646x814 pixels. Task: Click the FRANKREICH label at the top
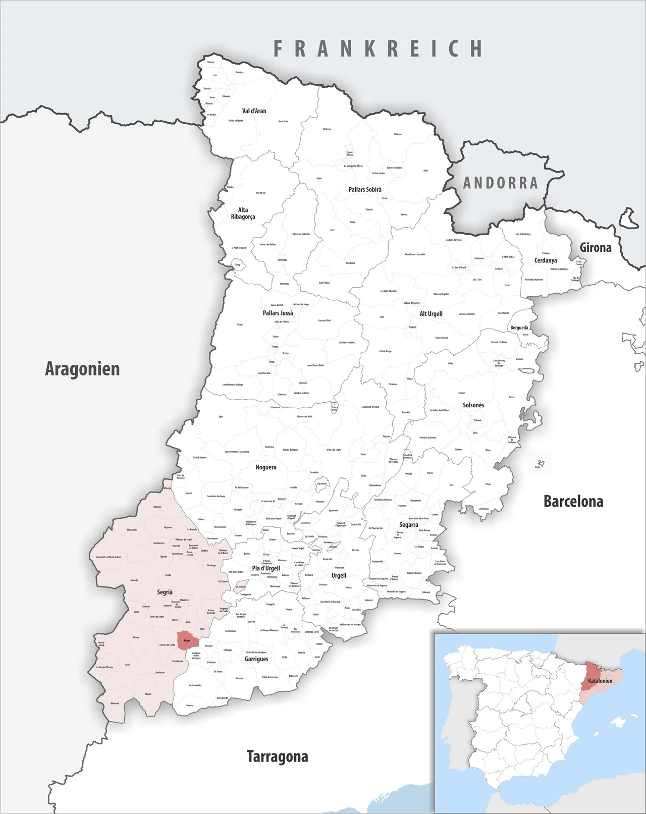pos(378,48)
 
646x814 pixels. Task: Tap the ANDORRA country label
pos(501,183)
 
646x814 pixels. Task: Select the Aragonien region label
pos(82,369)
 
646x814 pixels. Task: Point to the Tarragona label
pos(277,756)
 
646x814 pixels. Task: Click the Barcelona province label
pos(573,501)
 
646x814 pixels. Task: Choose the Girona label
pos(596,247)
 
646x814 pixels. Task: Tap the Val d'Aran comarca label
pos(254,111)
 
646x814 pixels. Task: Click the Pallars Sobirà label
pos(365,190)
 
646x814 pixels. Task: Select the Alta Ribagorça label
pos(243,213)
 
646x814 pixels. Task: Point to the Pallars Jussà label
pos(278,313)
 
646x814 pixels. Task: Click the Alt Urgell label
pos(431,314)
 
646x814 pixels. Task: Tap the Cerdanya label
pos(546,260)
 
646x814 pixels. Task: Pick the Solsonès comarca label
pos(473,405)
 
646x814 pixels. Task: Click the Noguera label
pos(265,467)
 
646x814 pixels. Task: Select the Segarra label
pos(408,525)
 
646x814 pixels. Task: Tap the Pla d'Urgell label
pos(266,568)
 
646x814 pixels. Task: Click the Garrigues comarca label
pos(256,659)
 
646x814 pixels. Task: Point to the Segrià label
pos(165,592)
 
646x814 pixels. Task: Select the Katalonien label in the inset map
pos(600,681)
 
